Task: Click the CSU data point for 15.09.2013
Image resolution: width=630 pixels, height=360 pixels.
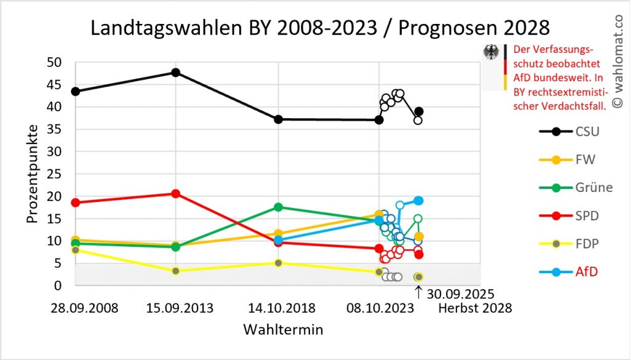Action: (176, 73)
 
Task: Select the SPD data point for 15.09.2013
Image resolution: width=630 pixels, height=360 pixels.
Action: (176, 194)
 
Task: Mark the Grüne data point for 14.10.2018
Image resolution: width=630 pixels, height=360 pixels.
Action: (278, 207)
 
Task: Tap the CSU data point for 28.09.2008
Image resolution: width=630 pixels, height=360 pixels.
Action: (75, 91)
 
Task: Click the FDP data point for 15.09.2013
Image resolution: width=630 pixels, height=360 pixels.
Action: (176, 271)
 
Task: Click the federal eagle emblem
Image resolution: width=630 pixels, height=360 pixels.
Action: (492, 52)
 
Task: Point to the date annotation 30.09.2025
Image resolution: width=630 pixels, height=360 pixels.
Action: (459, 294)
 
